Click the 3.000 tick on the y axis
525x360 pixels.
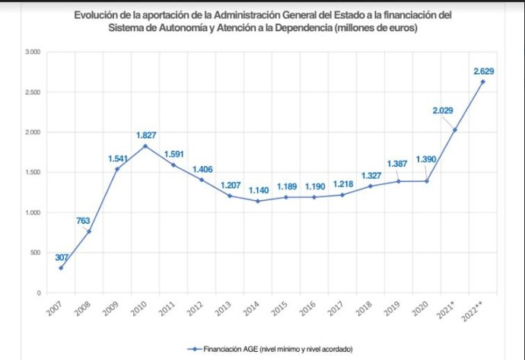tap(32, 52)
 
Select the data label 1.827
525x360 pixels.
tap(146, 135)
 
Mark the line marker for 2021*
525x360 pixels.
tap(455, 130)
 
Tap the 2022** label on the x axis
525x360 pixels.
tap(481, 312)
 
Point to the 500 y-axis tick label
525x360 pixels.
tap(35, 253)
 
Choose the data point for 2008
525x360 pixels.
tap(89, 231)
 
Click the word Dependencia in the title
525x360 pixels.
tap(363, 27)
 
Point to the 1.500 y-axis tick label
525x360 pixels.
tap(32, 172)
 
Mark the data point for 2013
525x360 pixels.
tap(231, 196)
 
